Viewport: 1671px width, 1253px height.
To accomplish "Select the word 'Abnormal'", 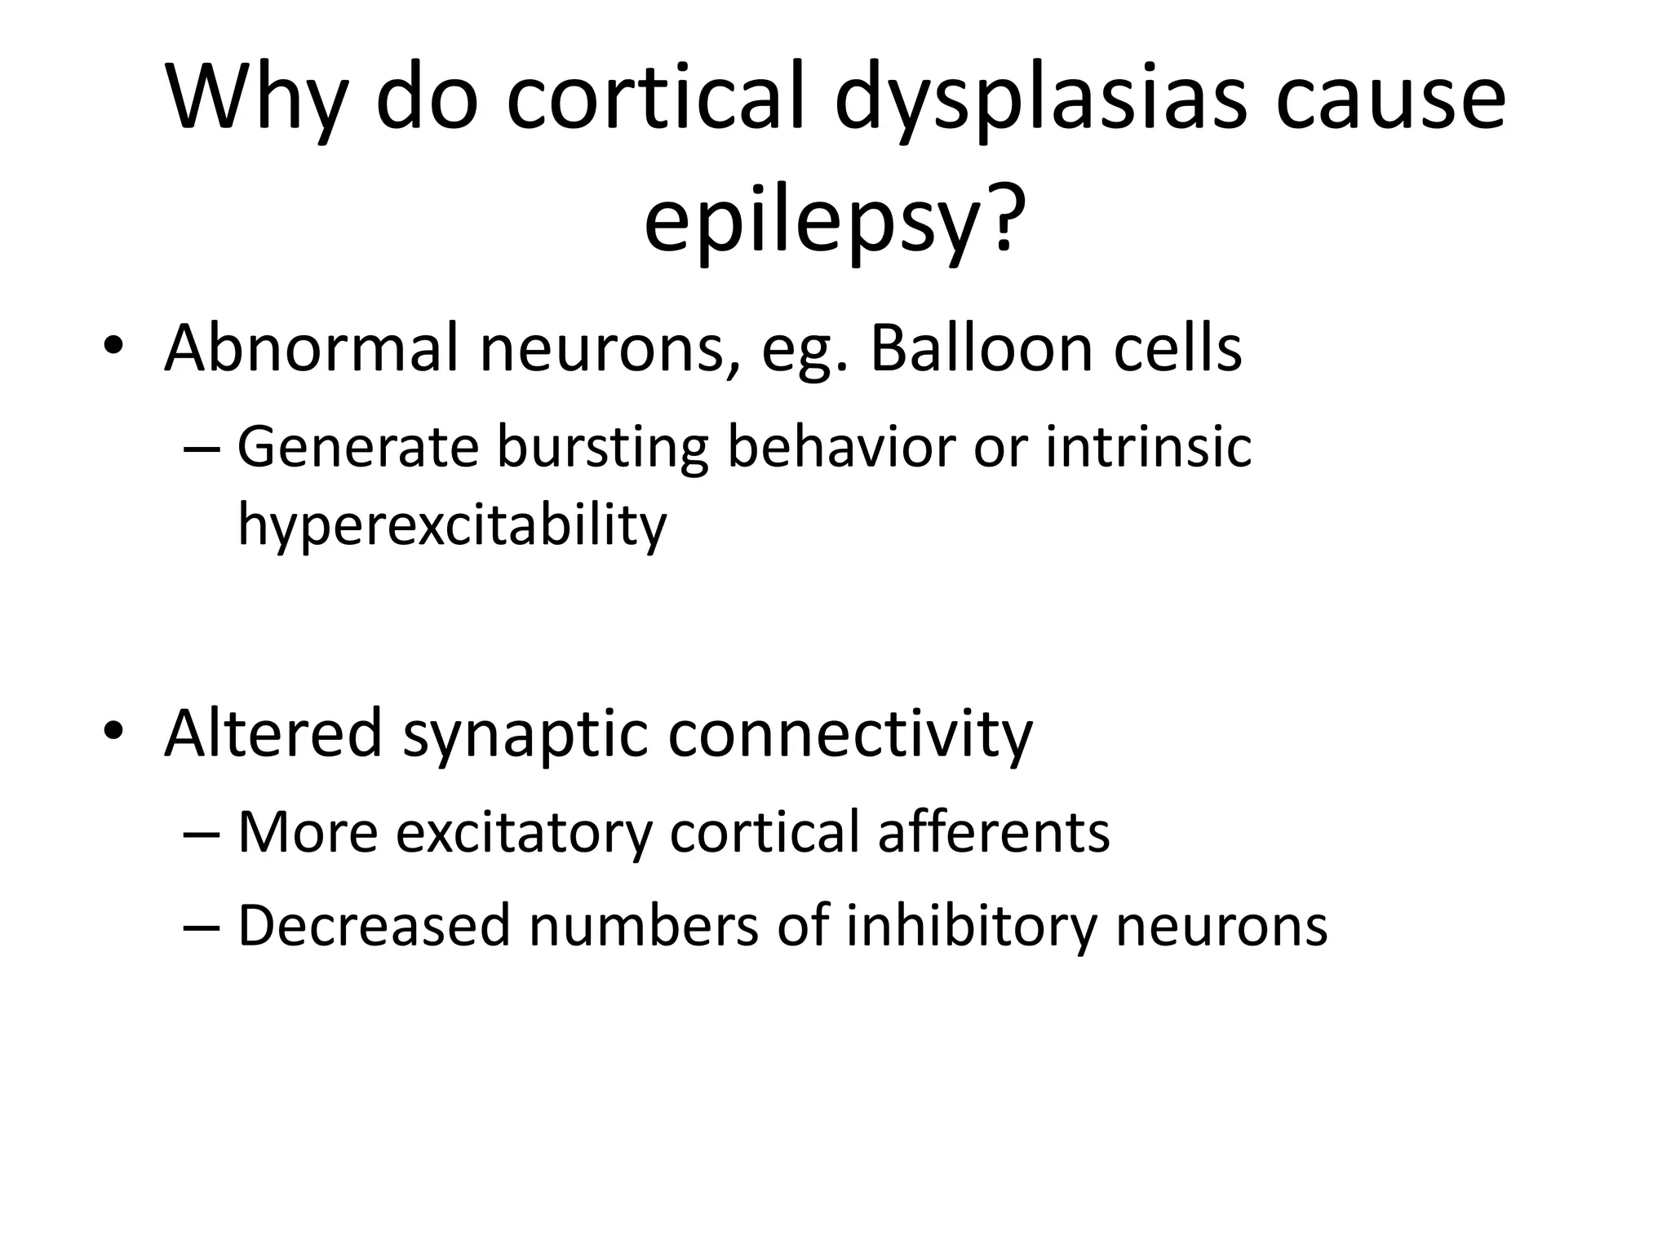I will tap(312, 348).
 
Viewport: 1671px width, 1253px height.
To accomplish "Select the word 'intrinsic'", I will tap(1148, 448).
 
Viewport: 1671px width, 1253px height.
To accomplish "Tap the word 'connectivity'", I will tap(850, 733).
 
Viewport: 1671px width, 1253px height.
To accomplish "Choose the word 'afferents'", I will tap(993, 833).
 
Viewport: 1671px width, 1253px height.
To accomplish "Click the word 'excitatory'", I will tap(524, 835).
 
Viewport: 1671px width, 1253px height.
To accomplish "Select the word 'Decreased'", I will tap(374, 926).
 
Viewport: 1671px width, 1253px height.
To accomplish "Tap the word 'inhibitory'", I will tap(972, 928).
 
